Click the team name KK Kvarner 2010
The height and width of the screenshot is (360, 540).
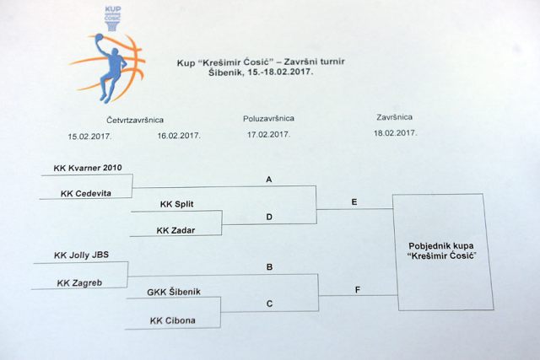coord(88,168)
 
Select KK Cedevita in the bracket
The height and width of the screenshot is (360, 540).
coord(86,193)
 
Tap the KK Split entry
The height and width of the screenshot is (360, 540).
coord(176,204)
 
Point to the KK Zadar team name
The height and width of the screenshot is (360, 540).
coord(175,230)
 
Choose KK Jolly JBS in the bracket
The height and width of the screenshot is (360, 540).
coord(81,255)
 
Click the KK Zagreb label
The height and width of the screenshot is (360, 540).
coord(79,283)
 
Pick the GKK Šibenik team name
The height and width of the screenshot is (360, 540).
coord(174,293)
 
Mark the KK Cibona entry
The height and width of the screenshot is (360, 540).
coord(172,320)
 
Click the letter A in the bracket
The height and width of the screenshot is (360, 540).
coord(269,180)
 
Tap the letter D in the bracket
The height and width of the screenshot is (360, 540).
coord(269,217)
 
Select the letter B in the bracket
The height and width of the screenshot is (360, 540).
coord(270,267)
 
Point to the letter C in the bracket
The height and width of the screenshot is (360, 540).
coord(270,304)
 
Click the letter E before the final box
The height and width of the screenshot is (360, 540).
coord(354,202)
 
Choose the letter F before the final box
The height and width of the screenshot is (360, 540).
coord(358,290)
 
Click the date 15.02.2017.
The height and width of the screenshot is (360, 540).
coord(89,137)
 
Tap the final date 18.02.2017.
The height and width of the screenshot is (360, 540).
coord(396,133)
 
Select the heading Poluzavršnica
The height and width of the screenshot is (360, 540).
coord(268,118)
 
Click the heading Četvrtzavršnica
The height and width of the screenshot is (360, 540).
coord(135,120)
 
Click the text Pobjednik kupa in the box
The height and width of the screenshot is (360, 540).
coord(441,246)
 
